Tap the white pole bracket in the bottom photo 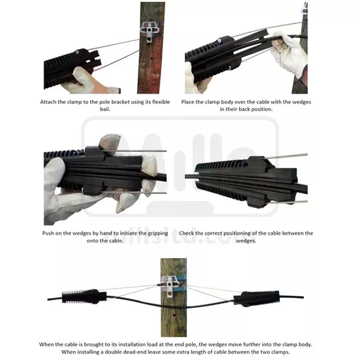170,285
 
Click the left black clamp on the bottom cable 84,297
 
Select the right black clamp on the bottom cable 257,298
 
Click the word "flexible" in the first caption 161,102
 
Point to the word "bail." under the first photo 105,109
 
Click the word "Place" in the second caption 187,102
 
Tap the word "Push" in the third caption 47,233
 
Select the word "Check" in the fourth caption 186,233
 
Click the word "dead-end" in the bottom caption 138,352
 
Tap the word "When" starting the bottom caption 46,345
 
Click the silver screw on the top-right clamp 219,41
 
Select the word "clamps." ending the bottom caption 281,352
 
